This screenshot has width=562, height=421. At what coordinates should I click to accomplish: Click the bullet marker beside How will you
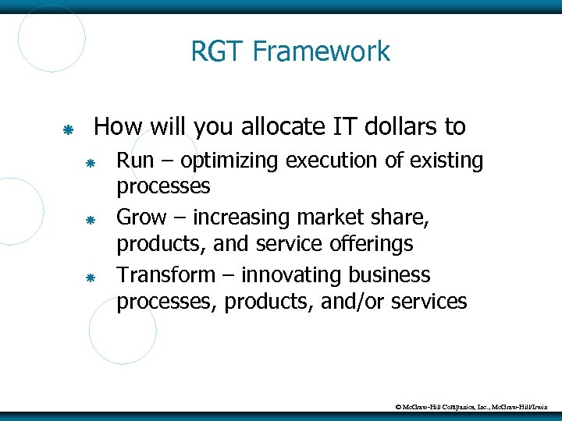click(x=68, y=128)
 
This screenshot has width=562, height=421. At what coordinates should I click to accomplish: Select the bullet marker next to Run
click(x=90, y=164)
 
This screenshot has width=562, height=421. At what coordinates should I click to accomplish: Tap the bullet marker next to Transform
click(x=90, y=278)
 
